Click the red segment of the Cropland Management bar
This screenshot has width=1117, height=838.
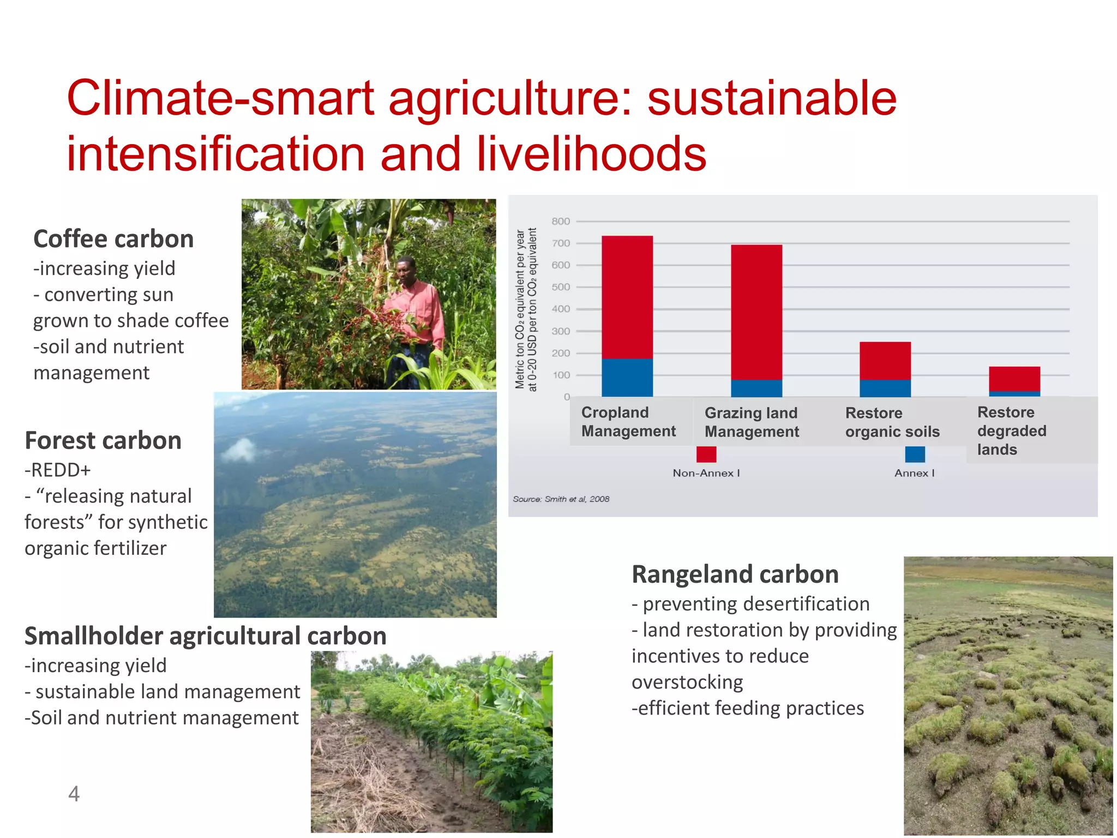coord(627,297)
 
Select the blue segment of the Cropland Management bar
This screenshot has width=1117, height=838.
coord(627,378)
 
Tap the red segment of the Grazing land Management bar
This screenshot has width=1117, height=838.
coord(756,312)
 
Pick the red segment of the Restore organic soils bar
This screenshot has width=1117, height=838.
coord(885,361)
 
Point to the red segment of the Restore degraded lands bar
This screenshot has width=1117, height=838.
coord(1014,379)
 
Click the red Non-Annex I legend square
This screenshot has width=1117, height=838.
coord(706,454)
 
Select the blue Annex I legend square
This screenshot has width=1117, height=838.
coord(915,454)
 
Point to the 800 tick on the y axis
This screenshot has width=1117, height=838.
coord(561,222)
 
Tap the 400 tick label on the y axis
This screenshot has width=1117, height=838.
coord(561,309)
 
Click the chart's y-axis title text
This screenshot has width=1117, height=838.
coord(526,309)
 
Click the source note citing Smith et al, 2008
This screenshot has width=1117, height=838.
coord(561,499)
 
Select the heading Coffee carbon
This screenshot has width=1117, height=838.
coord(113,239)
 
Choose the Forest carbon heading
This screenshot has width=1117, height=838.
coord(103,440)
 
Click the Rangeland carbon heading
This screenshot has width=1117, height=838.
coord(735,574)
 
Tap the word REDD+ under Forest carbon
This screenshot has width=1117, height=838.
coord(58,470)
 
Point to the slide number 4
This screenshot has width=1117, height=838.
coord(74,794)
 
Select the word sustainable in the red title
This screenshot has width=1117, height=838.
coord(771,99)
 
